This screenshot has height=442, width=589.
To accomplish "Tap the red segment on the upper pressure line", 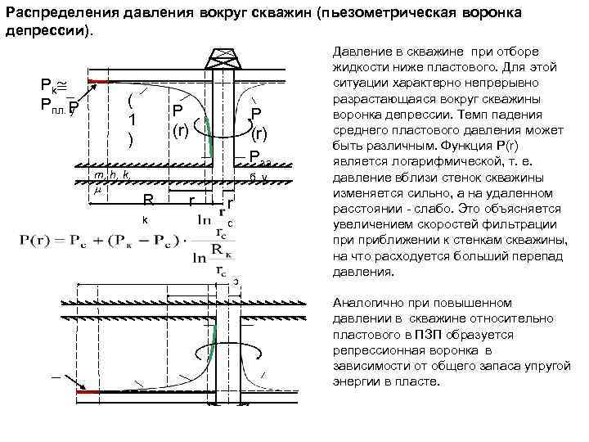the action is coord(97,81).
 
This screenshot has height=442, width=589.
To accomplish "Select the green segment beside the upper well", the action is coord(208,136).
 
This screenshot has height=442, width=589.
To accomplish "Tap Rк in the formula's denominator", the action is coord(220,249).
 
